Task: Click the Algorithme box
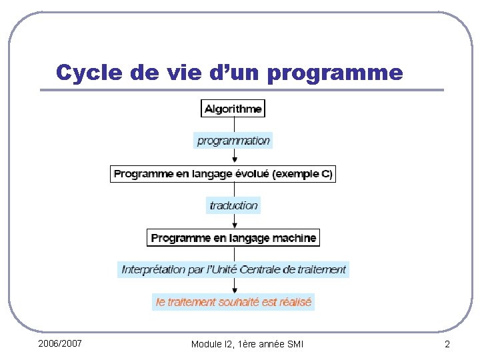(233, 109)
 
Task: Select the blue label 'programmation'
(233, 141)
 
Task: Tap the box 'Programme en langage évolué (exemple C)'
(223, 174)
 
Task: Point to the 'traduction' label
(233, 205)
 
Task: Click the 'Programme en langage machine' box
(233, 237)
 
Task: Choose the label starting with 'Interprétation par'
(233, 269)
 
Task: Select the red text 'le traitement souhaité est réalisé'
(233, 301)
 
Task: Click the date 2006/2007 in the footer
(60, 343)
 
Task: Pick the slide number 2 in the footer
(447, 344)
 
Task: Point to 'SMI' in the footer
(294, 344)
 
